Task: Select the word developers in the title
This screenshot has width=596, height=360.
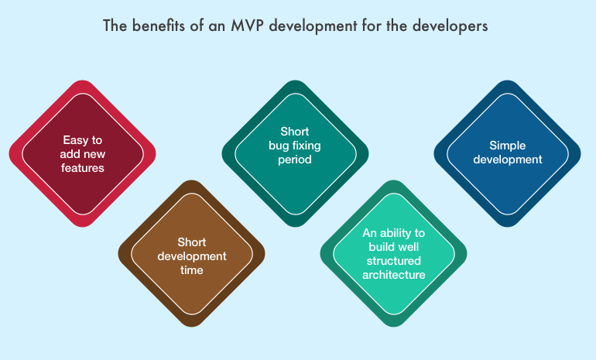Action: pyautogui.click(x=450, y=26)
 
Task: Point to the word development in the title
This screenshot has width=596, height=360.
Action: pyautogui.click(x=313, y=26)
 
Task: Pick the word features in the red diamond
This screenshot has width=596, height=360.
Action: pyautogui.click(x=83, y=168)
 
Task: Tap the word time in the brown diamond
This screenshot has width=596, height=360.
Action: pyautogui.click(x=192, y=270)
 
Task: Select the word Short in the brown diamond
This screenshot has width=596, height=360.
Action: pyautogui.click(x=192, y=242)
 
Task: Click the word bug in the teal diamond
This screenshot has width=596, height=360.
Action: pyautogui.click(x=278, y=146)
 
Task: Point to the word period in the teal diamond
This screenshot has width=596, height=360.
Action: pyautogui.click(x=295, y=159)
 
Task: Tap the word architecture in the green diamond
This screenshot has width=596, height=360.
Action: pyautogui.click(x=393, y=275)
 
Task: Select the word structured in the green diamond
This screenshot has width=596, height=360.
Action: pyautogui.click(x=393, y=261)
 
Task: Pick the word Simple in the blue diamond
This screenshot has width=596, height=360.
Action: pyautogui.click(x=508, y=146)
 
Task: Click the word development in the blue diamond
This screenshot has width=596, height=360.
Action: pyautogui.click(x=508, y=159)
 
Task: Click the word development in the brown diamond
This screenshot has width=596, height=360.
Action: pyautogui.click(x=192, y=256)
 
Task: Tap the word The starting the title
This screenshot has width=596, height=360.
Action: pyautogui.click(x=115, y=26)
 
